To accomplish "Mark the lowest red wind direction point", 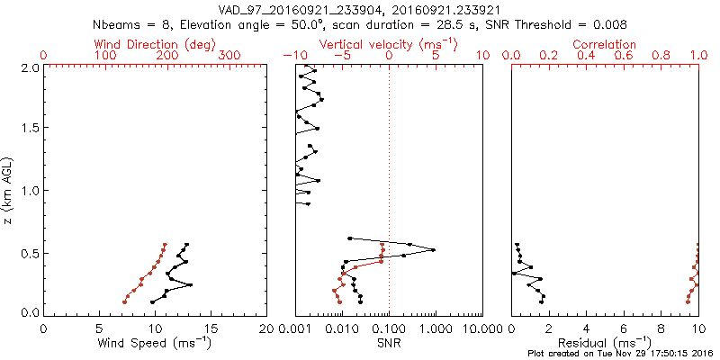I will tap(124, 301).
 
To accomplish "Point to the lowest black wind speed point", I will tap(153, 301).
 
